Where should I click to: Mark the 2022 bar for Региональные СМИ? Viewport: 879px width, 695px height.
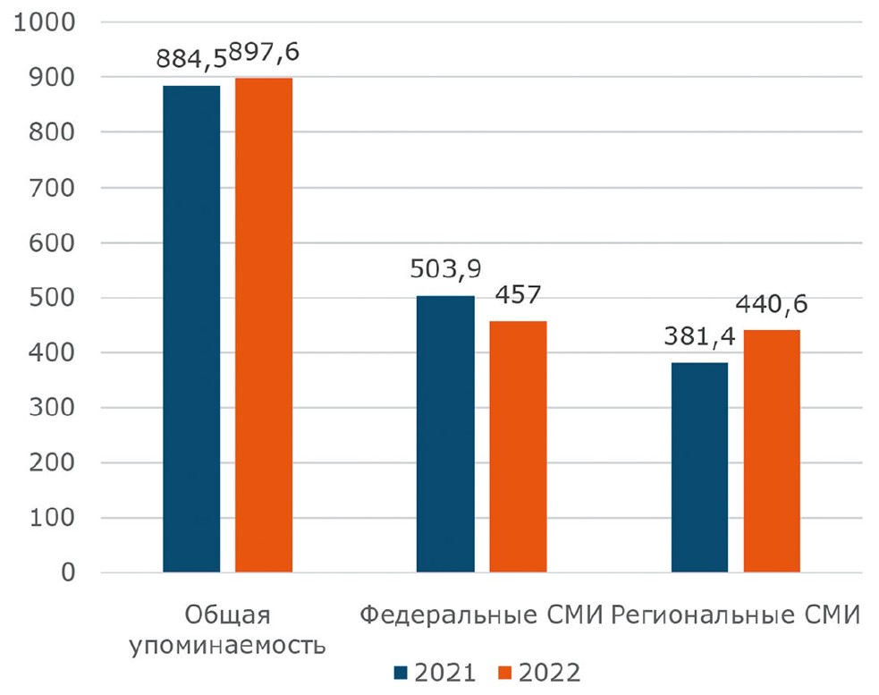click(x=772, y=451)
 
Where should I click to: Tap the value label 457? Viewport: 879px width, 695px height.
click(x=518, y=296)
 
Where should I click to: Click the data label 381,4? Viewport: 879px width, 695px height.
click(x=698, y=338)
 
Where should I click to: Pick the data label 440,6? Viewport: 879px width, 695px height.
click(x=772, y=305)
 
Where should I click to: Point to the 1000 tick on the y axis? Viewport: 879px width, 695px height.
click(x=44, y=22)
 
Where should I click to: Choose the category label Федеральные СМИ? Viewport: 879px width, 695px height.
click(x=483, y=615)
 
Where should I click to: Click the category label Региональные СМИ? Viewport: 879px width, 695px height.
click(x=737, y=615)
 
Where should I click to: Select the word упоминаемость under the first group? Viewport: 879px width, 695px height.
click(x=227, y=644)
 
